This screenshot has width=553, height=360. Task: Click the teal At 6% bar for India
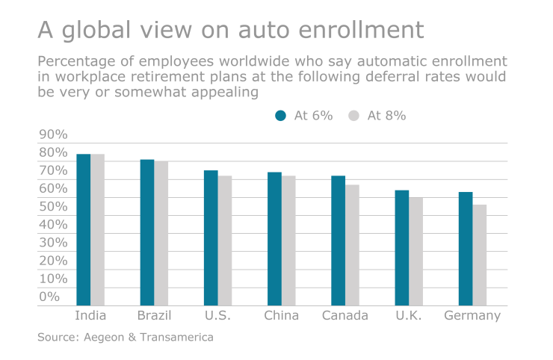click(x=83, y=229)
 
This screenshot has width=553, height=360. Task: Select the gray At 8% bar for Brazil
click(x=161, y=233)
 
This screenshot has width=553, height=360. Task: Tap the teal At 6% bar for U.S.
click(x=211, y=238)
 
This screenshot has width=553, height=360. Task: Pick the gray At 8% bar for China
click(x=288, y=240)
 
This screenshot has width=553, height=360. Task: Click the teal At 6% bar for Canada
click(x=338, y=240)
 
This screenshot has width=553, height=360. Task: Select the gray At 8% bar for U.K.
click(x=415, y=251)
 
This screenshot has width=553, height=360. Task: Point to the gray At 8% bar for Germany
click(x=479, y=255)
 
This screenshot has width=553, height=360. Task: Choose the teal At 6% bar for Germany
click(x=465, y=249)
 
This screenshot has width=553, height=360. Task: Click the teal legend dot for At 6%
click(x=281, y=115)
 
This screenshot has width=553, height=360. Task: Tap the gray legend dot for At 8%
click(x=354, y=115)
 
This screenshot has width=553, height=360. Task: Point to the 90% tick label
click(x=53, y=134)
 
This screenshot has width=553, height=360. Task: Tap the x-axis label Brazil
click(x=154, y=315)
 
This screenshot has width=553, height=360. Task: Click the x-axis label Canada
click(x=345, y=315)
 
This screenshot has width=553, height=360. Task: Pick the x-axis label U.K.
click(x=409, y=315)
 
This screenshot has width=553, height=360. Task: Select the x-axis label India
click(x=90, y=315)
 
